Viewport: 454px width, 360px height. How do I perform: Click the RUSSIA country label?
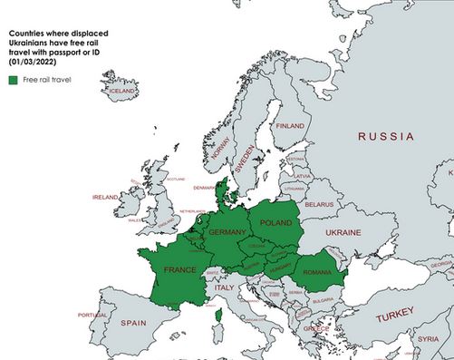385,137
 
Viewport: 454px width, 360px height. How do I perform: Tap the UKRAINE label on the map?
343,233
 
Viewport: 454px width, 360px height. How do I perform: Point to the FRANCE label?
179,269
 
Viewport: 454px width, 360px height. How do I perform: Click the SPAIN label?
133,322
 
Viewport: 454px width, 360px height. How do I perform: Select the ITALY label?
223,287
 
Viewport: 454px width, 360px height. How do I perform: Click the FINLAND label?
290,125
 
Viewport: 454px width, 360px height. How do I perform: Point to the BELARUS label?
319,205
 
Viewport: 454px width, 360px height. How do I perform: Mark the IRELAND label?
105,196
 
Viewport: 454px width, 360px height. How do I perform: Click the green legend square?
14,81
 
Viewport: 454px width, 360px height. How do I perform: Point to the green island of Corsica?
217,316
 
